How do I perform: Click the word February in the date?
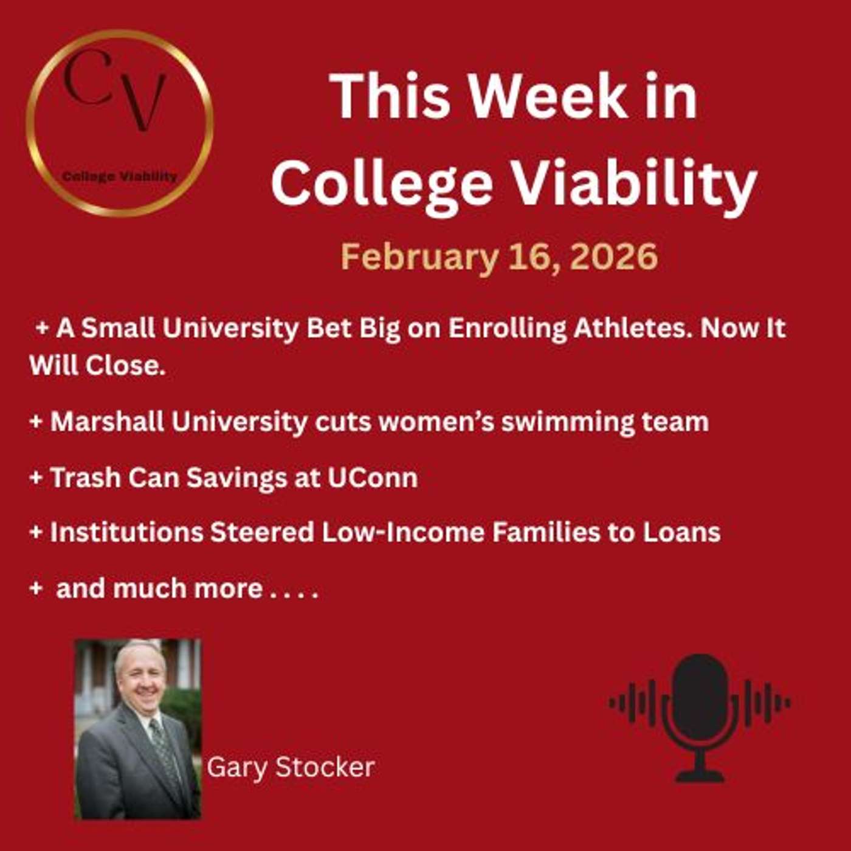tap(419, 257)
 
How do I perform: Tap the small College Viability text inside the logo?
tap(120, 177)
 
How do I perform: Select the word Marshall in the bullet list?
tap(106, 422)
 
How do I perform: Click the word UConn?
tap(373, 478)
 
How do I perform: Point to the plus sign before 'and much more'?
tap(36, 588)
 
